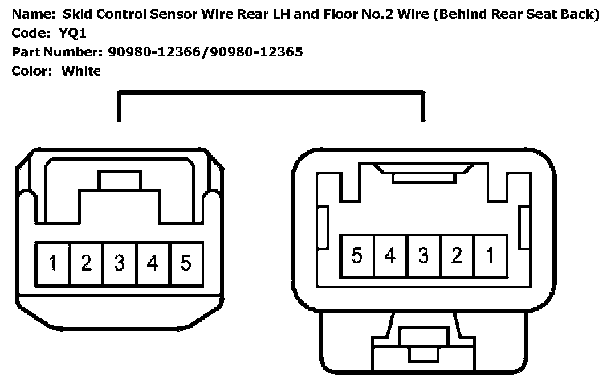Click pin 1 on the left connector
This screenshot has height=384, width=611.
tap(53, 264)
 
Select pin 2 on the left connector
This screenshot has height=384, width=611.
tap(86, 264)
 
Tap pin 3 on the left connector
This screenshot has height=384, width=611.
tap(119, 264)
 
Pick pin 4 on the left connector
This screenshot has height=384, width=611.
tap(152, 264)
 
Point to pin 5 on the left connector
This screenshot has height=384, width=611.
tap(186, 264)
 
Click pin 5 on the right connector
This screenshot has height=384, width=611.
tap(357, 256)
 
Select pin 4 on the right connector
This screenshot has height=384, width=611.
tap(390, 256)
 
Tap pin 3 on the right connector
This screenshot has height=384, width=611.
tap(423, 256)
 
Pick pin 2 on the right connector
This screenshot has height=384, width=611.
tap(456, 256)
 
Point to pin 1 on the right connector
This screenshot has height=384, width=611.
tap(489, 256)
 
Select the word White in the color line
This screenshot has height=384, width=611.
tap(80, 71)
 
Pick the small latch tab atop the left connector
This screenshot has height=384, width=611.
tap(119, 180)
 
